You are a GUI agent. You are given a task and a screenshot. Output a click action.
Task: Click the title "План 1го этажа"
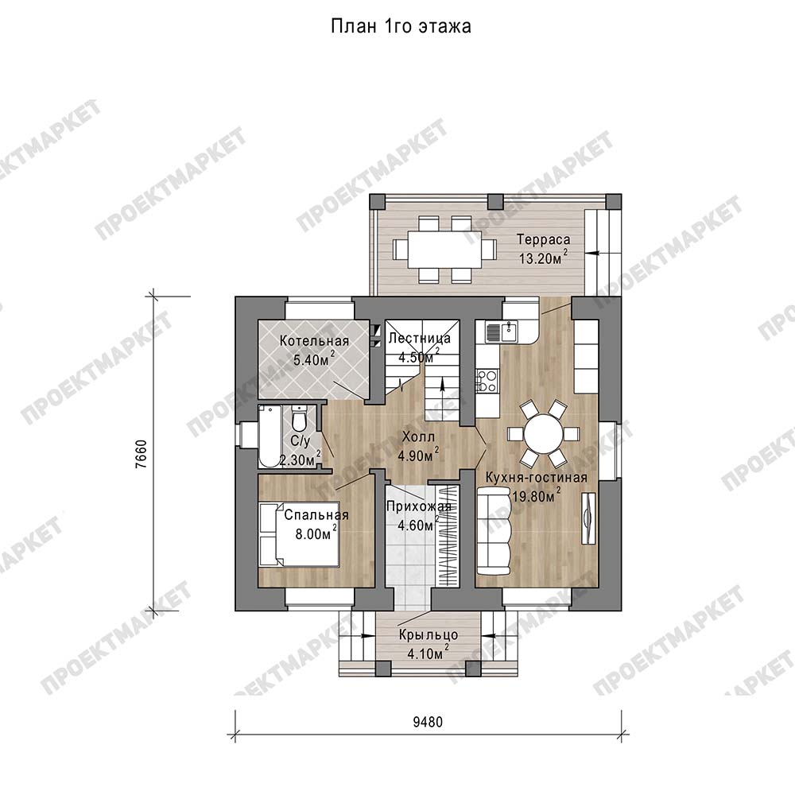pos(401,26)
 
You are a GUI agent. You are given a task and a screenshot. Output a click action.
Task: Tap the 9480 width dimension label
pos(428,722)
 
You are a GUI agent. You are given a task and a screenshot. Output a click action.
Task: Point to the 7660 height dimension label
pos(142,453)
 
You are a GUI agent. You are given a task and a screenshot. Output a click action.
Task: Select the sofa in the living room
pos(494,531)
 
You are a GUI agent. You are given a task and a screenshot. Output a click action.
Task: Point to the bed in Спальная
pos(299,534)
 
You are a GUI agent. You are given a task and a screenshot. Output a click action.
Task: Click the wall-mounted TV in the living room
pos(588,518)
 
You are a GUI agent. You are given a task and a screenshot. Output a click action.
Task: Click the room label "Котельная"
pos(314,341)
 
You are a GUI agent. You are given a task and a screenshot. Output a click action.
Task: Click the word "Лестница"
pos(419,338)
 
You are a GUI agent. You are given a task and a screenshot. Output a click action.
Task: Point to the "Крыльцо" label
pos(429,634)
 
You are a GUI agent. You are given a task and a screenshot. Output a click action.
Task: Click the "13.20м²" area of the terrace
pos(543,258)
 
